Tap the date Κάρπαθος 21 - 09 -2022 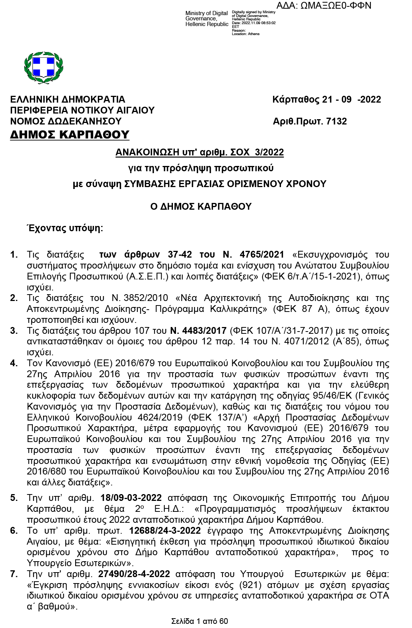click(326, 100)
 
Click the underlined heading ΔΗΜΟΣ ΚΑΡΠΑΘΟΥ click(69, 135)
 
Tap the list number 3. click(14, 331)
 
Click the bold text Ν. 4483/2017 click(198, 331)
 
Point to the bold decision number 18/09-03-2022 click(131, 498)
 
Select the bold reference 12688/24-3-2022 click(165, 531)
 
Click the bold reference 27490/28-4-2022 click(134, 574)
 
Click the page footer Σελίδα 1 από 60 click(199, 621)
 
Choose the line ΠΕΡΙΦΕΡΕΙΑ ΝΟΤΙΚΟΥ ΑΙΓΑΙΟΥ click(82, 110)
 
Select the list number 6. click(14, 531)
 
